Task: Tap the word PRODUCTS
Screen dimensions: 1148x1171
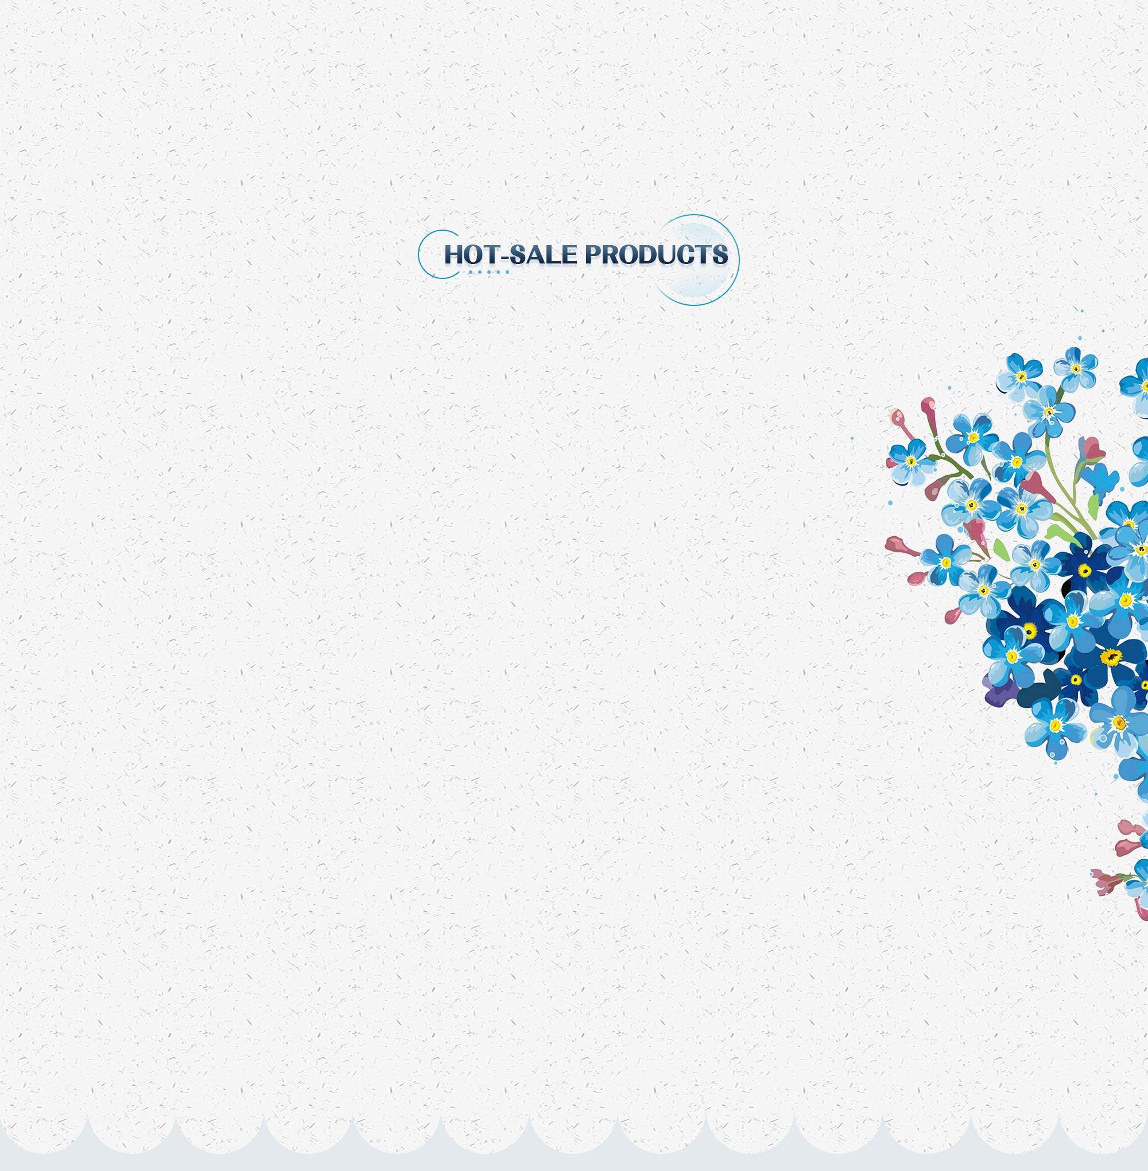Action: click(657, 254)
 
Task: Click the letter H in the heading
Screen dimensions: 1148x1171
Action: click(454, 254)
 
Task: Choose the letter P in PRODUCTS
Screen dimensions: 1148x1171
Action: click(594, 254)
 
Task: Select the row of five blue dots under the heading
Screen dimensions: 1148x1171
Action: click(489, 273)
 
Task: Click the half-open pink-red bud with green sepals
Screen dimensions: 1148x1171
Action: click(1092, 448)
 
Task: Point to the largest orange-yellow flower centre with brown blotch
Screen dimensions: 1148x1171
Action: click(1110, 657)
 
